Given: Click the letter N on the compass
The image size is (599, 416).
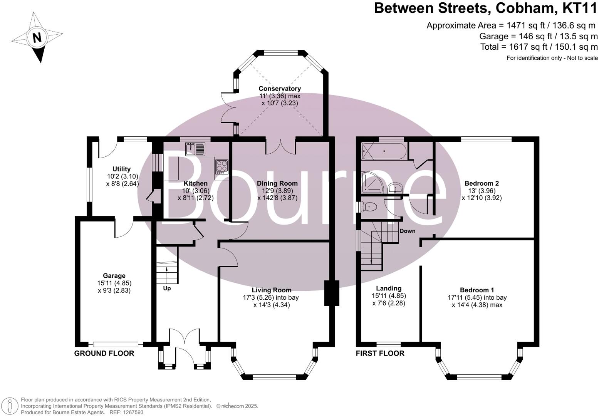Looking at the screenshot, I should tap(37, 38).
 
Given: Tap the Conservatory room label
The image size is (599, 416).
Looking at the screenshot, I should tap(279, 89).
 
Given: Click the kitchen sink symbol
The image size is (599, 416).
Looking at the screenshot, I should tap(195, 149).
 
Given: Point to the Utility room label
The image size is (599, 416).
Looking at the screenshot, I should tap(121, 169).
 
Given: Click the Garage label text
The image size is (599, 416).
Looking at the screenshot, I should tap(114, 275).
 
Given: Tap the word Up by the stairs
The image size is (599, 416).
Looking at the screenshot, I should tap(167, 288).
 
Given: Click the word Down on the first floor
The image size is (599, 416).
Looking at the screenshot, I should tap(407, 231).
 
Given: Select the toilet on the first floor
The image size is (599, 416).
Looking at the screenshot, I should tap(369, 207).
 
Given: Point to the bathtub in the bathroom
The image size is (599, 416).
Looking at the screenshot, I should tap(384, 151).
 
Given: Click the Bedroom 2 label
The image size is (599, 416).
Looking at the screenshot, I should tap(482, 183).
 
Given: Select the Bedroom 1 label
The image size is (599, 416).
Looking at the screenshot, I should tap(477, 290).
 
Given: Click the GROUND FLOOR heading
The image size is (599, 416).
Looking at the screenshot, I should tap(104, 353).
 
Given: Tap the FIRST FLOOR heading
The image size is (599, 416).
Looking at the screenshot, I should tap(380, 353).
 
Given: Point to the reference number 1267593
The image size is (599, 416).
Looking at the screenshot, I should tap(132, 412).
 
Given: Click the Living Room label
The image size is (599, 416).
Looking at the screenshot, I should tap(272, 290).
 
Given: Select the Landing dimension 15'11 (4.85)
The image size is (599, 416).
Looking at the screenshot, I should tap(389, 296).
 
